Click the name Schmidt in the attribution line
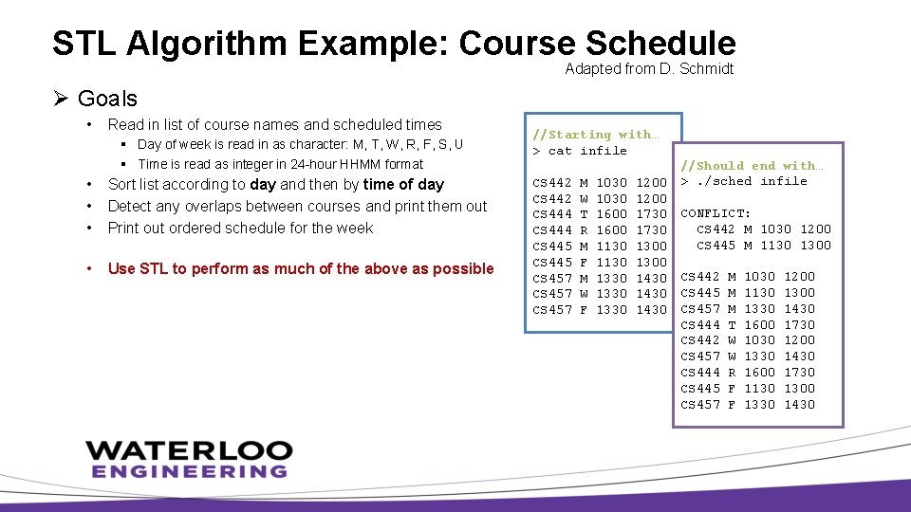point(707,69)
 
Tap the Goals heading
point(107,99)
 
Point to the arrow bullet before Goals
point(61,99)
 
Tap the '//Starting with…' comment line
point(595,135)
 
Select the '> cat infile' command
point(580,151)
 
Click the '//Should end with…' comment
point(753,165)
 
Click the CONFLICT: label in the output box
point(716,213)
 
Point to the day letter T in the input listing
point(584,213)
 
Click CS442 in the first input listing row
point(552,181)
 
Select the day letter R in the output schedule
point(732,373)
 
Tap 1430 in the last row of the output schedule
point(798,405)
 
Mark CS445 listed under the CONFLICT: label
point(716,246)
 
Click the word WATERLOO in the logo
point(188,449)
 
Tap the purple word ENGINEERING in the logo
point(188,471)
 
